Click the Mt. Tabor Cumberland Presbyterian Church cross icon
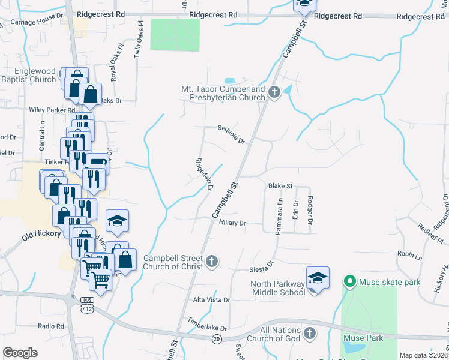(x=274, y=93)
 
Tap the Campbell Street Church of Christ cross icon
(x=211, y=261)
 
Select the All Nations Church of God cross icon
(x=309, y=333)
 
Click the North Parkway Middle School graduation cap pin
(x=318, y=278)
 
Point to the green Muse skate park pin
(x=349, y=281)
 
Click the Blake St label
(x=280, y=186)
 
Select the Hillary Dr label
(x=233, y=223)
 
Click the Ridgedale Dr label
(x=205, y=174)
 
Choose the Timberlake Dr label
(x=207, y=325)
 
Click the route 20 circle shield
(x=216, y=339)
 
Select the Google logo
(x=20, y=352)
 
